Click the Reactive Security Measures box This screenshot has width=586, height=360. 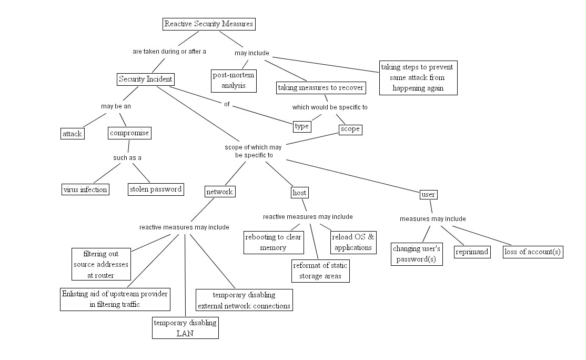click(209, 24)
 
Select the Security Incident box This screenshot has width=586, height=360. click(145, 79)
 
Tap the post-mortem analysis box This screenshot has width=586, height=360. click(234, 81)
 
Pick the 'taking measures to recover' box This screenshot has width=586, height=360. click(321, 88)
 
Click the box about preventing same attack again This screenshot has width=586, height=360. click(418, 78)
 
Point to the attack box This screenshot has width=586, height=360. click(73, 134)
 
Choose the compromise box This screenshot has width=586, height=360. click(129, 133)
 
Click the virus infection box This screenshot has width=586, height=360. click(85, 189)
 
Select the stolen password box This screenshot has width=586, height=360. click(156, 189)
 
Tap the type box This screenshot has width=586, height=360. click(302, 126)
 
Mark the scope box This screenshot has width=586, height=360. click(350, 129)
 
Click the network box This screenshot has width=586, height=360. click(220, 192)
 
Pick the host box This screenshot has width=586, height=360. click(299, 193)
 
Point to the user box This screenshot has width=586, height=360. click(428, 195)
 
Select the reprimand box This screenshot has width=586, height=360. click(472, 252)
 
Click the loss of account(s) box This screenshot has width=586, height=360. click(532, 252)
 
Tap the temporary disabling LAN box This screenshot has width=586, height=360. click(185, 328)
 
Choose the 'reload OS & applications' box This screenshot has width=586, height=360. click(353, 242)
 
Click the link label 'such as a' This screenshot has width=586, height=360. click(127, 158)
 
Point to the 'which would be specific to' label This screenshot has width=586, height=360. click(330, 107)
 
